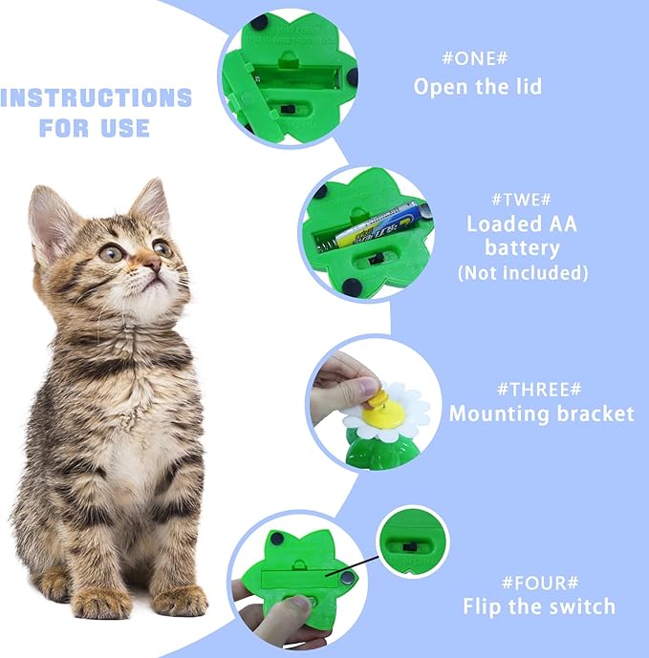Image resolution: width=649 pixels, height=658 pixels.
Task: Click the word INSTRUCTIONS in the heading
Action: (97, 97)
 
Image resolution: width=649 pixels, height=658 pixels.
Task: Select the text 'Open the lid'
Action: (477, 87)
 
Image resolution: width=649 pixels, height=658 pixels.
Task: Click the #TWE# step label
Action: (522, 198)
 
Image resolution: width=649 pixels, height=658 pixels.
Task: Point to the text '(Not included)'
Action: (522, 273)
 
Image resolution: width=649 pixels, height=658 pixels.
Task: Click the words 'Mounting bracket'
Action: (541, 414)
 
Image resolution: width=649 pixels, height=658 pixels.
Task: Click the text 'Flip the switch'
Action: (539, 606)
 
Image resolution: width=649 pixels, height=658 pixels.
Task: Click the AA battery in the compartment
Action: (378, 225)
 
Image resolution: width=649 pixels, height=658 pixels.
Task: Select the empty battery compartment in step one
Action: (295, 72)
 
